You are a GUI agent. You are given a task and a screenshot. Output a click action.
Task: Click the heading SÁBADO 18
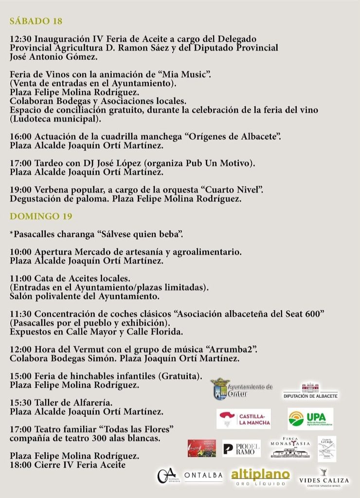[36, 21]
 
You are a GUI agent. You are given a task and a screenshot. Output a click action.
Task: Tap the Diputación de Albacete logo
[310, 391]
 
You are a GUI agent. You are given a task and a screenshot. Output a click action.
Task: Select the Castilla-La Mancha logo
[243, 419]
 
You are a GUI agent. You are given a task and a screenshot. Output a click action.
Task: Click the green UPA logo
[310, 419]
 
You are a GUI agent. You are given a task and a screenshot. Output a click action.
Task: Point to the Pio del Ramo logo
[241, 449]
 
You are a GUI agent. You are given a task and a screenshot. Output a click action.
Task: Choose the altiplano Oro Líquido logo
[260, 477]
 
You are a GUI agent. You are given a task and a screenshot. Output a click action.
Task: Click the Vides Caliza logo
[324, 476]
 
